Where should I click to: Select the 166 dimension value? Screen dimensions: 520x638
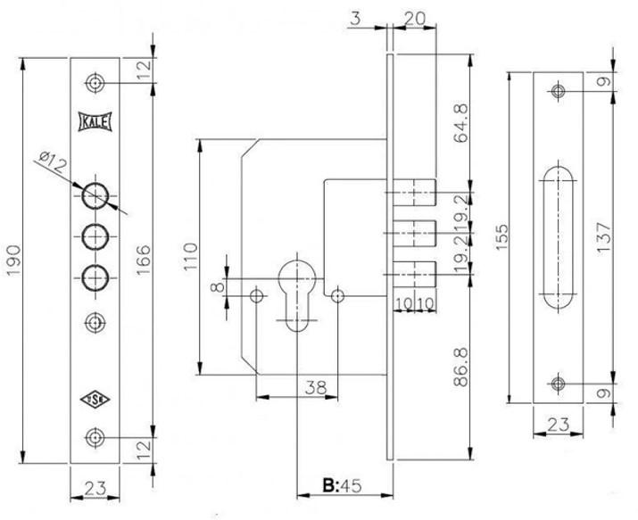coord(144,259)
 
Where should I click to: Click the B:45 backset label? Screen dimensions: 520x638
coord(342,488)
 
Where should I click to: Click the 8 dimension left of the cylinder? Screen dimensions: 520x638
coord(215,287)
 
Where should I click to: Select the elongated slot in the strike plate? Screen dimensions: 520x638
coord(559,236)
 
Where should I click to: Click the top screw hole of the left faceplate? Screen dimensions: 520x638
coord(94,84)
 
